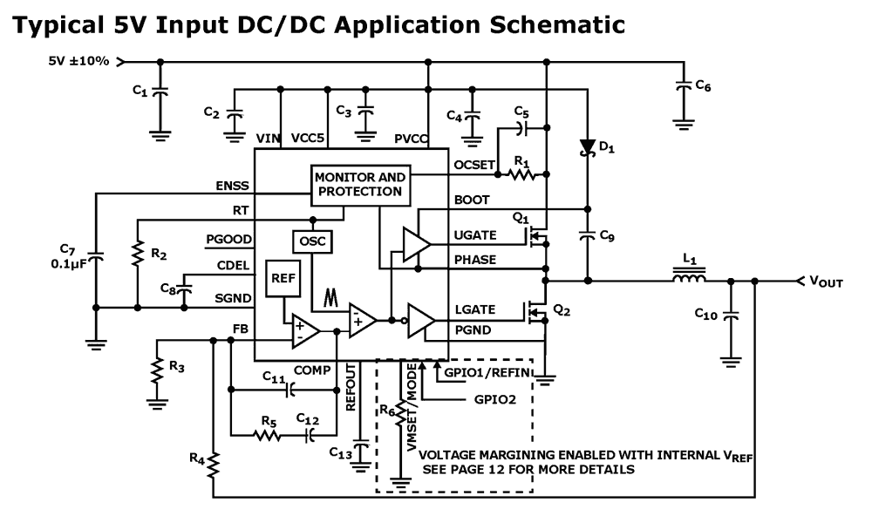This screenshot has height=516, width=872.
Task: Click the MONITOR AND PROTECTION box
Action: click(360, 184)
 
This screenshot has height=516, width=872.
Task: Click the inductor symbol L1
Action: click(688, 281)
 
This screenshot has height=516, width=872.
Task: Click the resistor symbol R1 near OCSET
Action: click(522, 174)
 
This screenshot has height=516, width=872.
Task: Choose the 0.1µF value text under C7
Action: click(66, 264)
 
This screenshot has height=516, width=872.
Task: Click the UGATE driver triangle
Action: click(415, 243)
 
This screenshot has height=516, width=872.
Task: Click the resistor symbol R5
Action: click(264, 431)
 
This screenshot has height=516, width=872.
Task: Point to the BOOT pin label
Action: click(472, 200)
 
